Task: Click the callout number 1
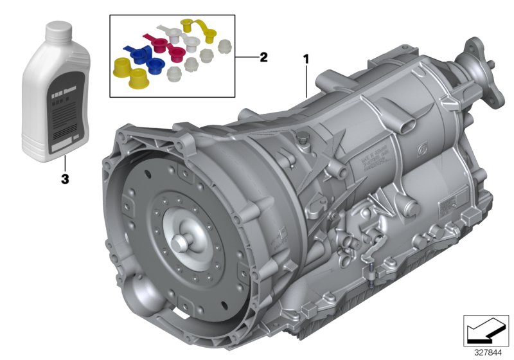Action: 306,59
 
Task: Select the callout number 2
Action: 263,57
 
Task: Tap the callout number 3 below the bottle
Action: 64,180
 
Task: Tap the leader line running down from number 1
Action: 306,80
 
